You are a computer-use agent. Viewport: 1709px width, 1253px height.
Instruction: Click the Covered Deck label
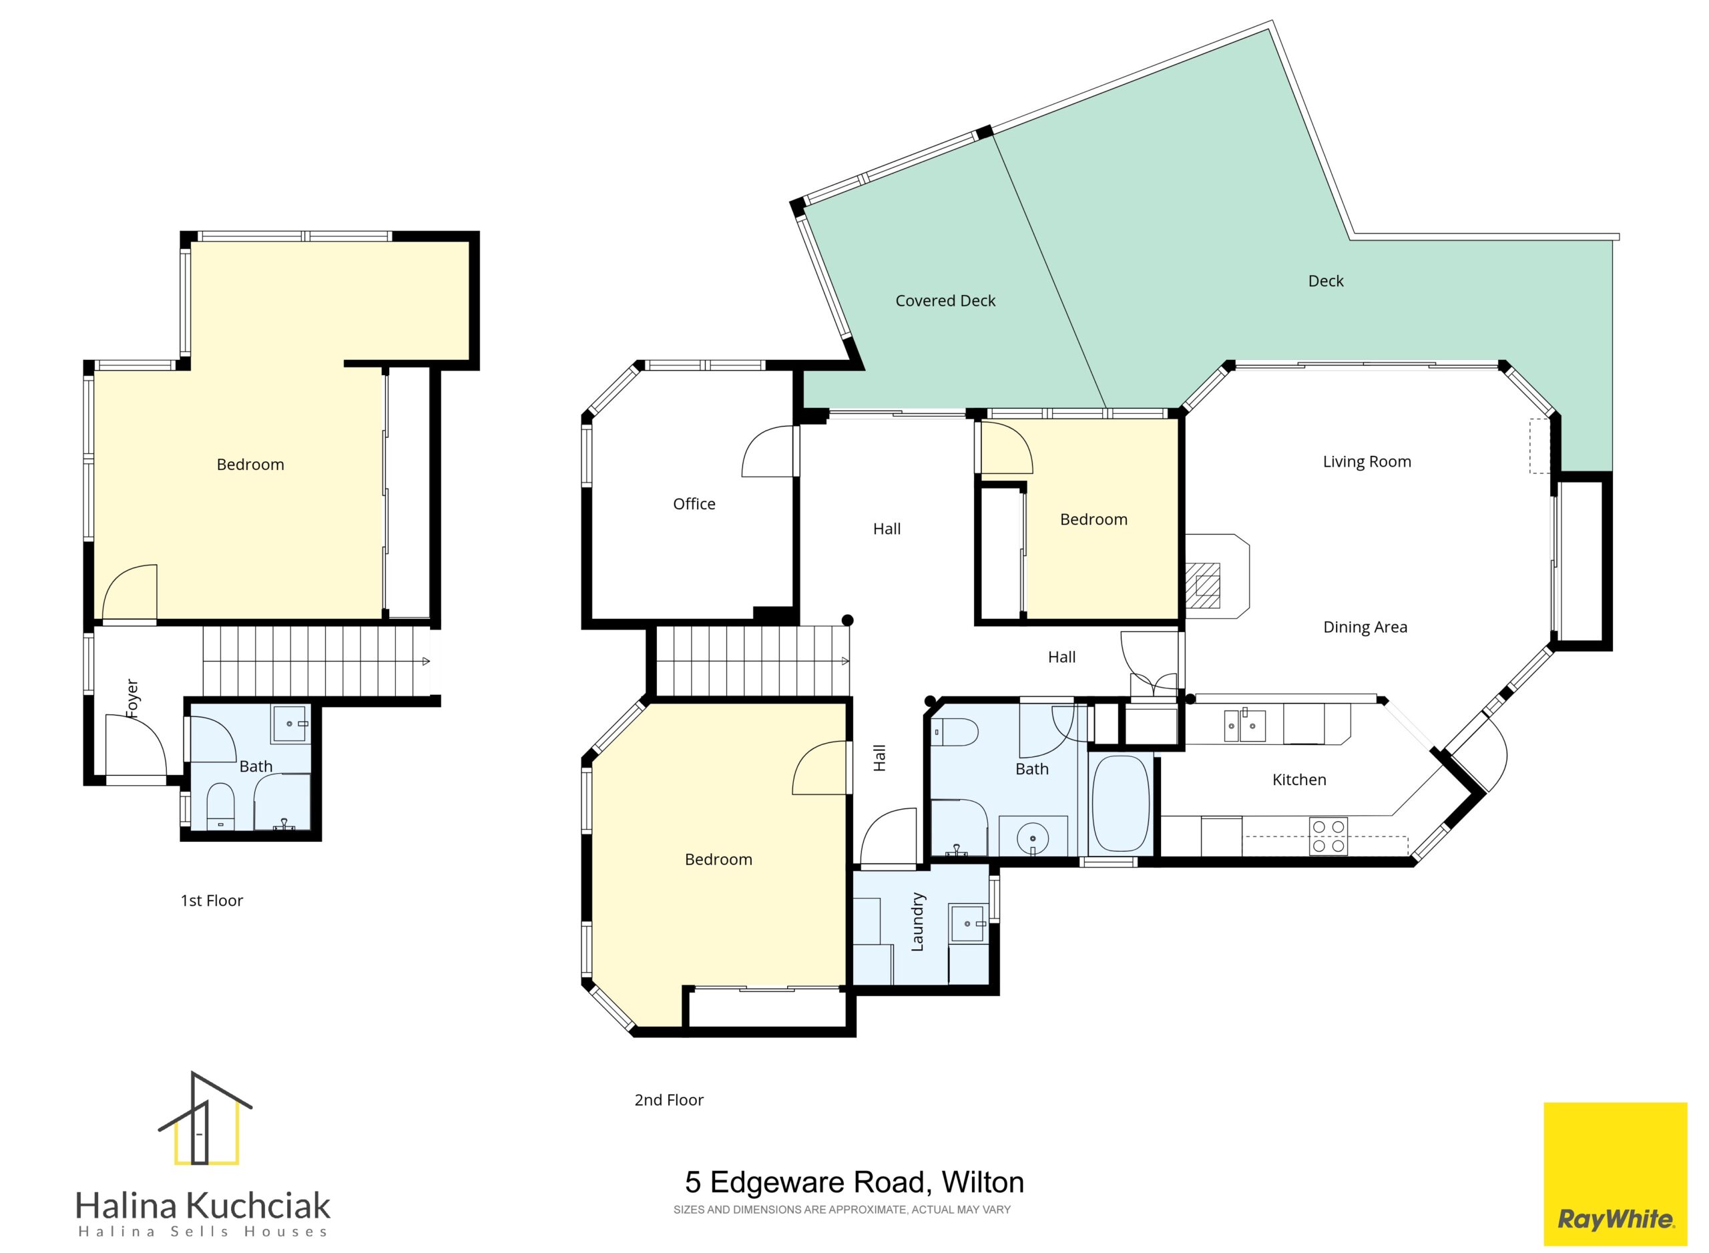coord(945,301)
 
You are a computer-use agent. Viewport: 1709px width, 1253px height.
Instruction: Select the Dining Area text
coord(1365,628)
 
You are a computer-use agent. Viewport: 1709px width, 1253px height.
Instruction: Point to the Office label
coord(694,503)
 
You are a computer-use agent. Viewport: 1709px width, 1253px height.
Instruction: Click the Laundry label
coord(917,921)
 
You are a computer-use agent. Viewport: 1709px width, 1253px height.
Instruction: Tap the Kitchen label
coord(1298,780)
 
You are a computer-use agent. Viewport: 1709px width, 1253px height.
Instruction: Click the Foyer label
coord(132,698)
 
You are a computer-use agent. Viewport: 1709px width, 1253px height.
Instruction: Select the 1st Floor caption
coord(211,901)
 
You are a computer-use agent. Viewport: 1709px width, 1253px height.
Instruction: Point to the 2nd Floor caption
coord(668,1099)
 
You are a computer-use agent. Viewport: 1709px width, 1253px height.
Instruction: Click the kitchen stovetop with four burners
coord(1328,836)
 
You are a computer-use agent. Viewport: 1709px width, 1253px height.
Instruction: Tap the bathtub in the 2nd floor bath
coord(1120,803)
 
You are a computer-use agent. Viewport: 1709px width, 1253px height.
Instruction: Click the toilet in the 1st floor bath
coord(221,806)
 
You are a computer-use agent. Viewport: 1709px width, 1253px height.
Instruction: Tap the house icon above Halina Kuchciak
coord(205,1119)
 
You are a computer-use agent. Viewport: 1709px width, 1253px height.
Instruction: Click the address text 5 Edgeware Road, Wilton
coord(854,1182)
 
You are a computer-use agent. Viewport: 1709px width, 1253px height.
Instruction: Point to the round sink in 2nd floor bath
coord(1032,838)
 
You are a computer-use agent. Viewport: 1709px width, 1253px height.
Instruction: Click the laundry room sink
coord(968,923)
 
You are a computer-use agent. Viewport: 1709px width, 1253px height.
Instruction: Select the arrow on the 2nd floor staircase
coord(846,662)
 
